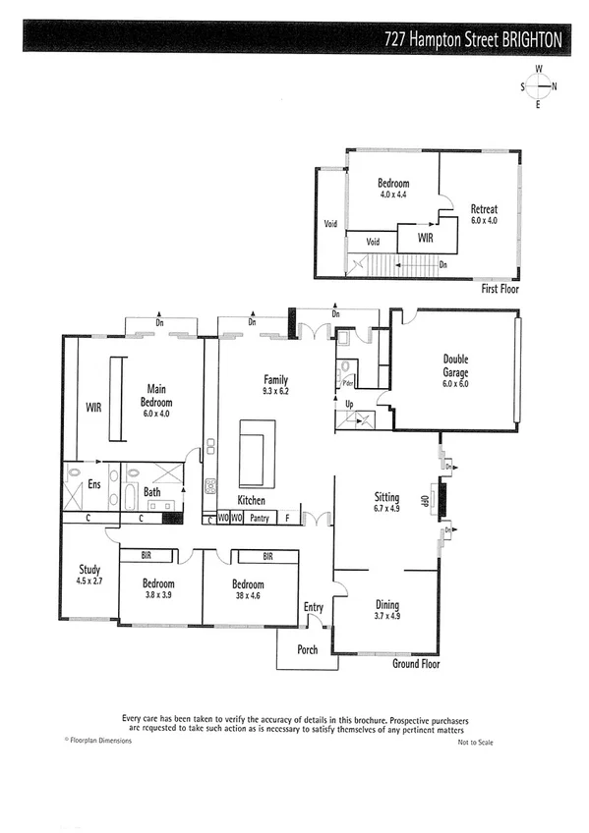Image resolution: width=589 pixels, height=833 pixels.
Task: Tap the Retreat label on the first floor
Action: coord(484,209)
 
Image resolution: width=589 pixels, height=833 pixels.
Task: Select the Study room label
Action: coord(90,570)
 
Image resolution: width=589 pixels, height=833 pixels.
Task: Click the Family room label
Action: coord(275,379)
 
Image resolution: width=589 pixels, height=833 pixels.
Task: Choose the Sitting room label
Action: coord(386,497)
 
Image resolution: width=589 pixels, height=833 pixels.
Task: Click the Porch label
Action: coord(307,649)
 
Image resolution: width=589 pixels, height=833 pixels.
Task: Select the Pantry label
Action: coord(259,517)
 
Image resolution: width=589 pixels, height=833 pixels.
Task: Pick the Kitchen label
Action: coord(252,501)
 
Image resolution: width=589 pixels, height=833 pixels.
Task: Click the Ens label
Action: coord(93,483)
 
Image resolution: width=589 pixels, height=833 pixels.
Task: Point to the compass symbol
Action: coord(538,86)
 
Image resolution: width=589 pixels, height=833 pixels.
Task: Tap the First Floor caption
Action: coord(500,290)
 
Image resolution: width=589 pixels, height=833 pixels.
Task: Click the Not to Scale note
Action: coord(475,742)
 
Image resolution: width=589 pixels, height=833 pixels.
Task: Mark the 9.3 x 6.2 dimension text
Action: coord(275,390)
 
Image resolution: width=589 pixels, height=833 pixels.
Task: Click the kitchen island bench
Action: coord(258,453)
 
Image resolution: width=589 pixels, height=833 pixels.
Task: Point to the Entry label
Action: coord(314,608)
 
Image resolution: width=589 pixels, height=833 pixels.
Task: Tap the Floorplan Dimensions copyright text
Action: coord(97,741)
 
